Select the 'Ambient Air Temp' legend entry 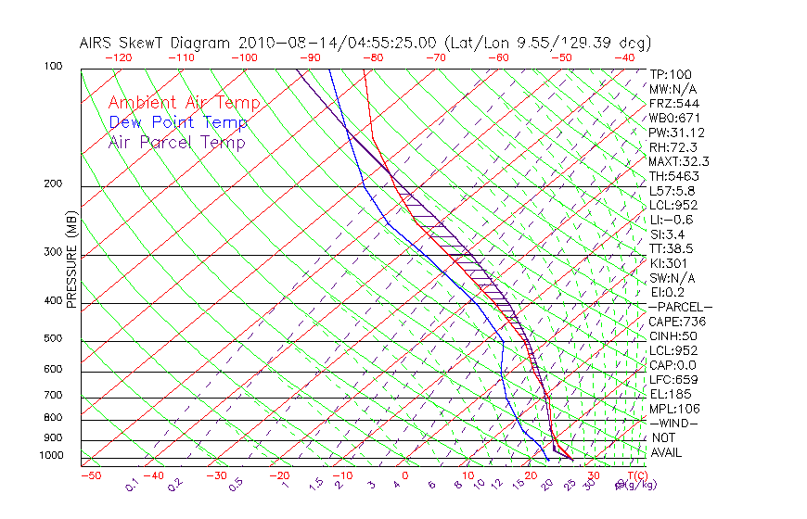click(184, 103)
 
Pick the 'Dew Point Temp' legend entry click(177, 122)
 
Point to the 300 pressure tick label click(54, 252)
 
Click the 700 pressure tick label click(54, 396)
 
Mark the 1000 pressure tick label click(52, 455)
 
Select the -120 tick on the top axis click(118, 57)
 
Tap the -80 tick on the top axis click(372, 57)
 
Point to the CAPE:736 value click(673, 322)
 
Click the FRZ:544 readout click(670, 104)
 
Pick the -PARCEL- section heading click(680, 307)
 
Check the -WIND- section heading click(673, 423)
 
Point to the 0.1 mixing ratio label click(133, 484)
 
